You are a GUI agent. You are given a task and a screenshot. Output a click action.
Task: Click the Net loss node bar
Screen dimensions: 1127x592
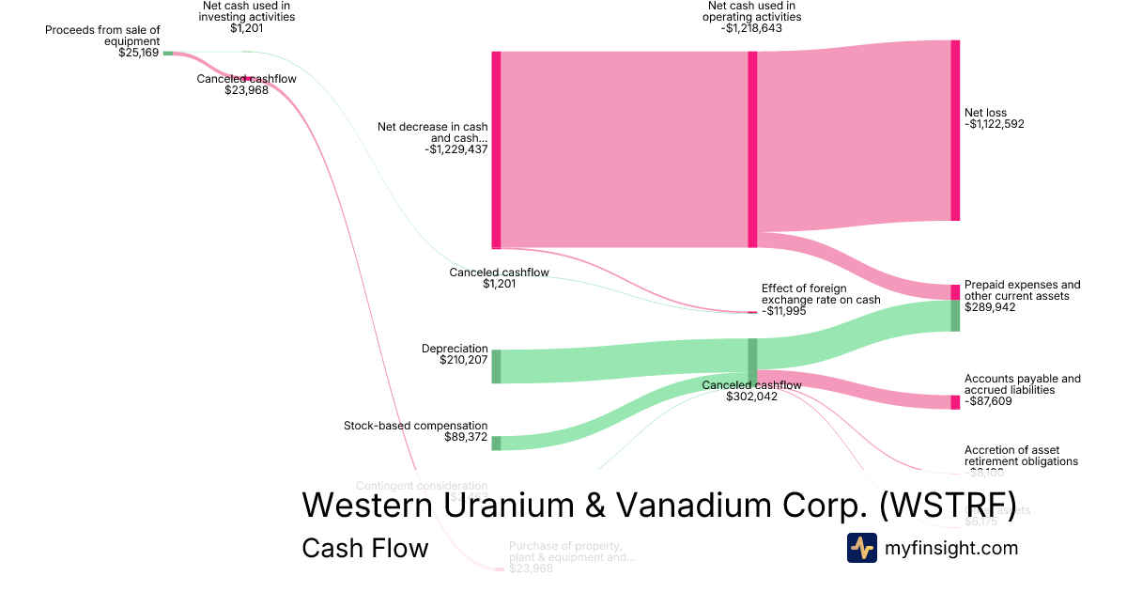tap(955, 131)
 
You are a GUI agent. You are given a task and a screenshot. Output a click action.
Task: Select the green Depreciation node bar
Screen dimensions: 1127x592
tap(496, 366)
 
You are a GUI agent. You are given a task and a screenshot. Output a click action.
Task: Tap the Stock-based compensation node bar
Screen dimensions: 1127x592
tap(496, 443)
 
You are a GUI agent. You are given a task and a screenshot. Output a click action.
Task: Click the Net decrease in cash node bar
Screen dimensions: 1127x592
tap(496, 149)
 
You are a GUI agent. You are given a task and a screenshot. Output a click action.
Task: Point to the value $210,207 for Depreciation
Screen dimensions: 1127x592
tap(463, 360)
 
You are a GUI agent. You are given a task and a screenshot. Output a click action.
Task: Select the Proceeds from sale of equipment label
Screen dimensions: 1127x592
tap(103, 36)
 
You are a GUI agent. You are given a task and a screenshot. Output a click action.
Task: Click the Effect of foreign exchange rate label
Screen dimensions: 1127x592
tap(821, 294)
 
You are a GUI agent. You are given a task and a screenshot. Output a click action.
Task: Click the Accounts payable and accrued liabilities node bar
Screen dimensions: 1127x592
tap(955, 402)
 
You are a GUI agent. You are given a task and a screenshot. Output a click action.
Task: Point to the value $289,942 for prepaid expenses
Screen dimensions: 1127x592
tap(991, 307)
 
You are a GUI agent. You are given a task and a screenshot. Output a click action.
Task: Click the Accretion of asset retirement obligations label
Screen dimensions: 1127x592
tap(1021, 456)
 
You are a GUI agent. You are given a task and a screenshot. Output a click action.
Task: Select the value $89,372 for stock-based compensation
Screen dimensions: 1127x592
tap(466, 437)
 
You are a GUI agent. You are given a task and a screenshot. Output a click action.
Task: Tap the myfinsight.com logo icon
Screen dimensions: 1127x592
tap(861, 548)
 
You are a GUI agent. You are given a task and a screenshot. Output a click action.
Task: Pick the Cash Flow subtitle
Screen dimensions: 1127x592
tap(364, 548)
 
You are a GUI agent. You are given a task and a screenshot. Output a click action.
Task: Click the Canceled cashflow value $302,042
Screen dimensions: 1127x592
tap(751, 397)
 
